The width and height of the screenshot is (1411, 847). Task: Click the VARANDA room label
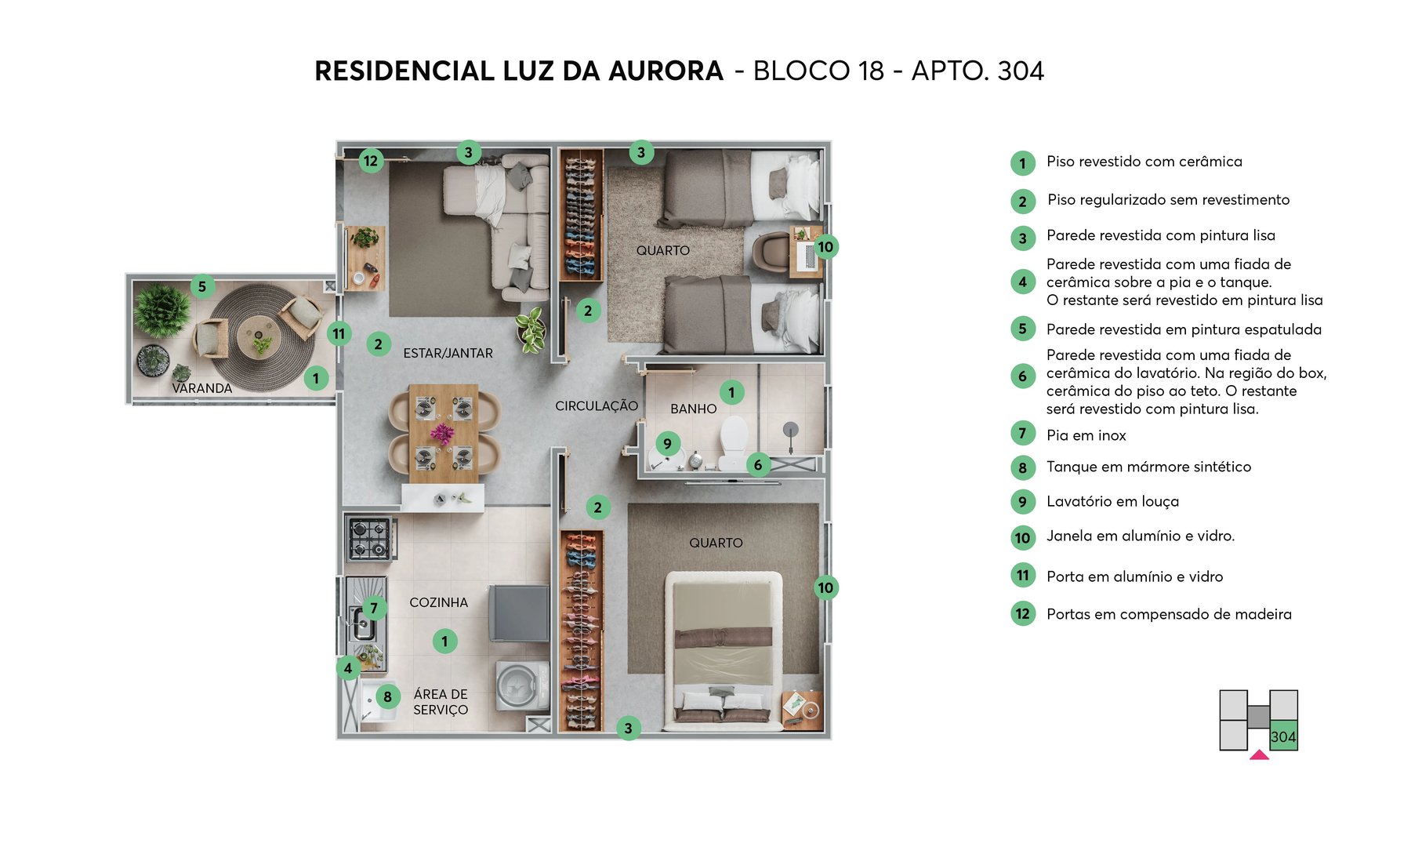201,388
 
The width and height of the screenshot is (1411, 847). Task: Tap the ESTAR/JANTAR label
448,353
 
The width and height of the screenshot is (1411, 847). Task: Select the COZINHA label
438,602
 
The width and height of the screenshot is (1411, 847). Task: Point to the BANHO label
693,409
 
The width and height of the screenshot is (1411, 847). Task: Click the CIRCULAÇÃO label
596,405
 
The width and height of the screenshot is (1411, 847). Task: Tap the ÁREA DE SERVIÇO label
441,702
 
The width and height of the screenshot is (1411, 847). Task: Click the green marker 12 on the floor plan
371,162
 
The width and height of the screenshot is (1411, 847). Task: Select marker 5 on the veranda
202,286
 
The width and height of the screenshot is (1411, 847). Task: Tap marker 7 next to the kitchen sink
374,608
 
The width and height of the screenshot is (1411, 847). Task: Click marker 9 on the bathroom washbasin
667,443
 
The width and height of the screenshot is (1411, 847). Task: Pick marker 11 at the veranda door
339,333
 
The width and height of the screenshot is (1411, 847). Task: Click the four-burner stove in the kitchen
369,538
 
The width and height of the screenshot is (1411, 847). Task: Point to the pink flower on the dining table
443,433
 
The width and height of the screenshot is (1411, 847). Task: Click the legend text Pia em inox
1086,435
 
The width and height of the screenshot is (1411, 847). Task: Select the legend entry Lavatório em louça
1112,501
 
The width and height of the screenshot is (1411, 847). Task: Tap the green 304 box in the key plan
1283,736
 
